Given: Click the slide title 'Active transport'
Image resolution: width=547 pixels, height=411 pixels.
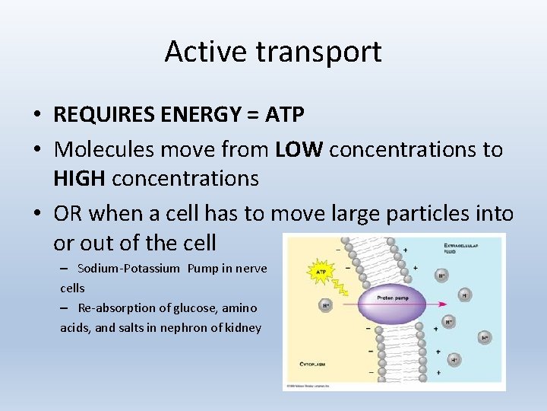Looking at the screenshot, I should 273,52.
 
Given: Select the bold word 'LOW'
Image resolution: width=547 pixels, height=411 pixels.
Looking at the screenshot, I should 299,149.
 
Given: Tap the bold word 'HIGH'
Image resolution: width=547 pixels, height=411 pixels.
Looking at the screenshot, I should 79,179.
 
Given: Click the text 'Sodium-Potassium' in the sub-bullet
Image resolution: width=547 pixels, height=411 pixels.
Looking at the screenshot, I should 128,268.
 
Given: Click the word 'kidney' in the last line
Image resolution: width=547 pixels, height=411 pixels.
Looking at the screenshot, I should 243,328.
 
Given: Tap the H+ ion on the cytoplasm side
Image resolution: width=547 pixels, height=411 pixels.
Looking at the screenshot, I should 325,305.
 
